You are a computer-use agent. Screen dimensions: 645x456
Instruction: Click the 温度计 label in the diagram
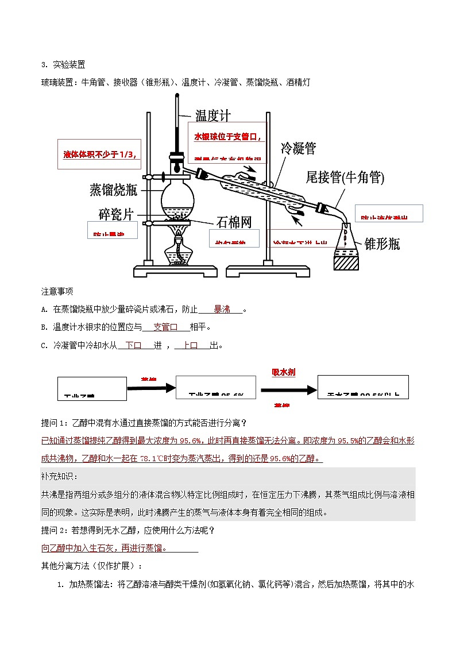pyautogui.click(x=213, y=115)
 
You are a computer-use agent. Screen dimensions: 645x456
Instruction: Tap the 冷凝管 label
pyautogui.click(x=297, y=148)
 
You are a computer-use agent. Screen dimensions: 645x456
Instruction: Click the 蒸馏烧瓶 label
pyautogui.click(x=113, y=190)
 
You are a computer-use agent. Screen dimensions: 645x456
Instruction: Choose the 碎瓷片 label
pyautogui.click(x=116, y=214)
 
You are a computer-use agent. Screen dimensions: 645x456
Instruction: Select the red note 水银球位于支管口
pyautogui.click(x=227, y=137)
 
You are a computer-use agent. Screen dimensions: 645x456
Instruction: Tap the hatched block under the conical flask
pyautogui.click(x=346, y=262)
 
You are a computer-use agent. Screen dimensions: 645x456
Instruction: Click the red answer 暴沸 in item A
pyautogui.click(x=222, y=309)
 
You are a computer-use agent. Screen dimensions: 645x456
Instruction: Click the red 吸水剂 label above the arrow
pyautogui.click(x=284, y=372)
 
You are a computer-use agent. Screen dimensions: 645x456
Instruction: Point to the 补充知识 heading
pyautogui.click(x=60, y=476)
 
